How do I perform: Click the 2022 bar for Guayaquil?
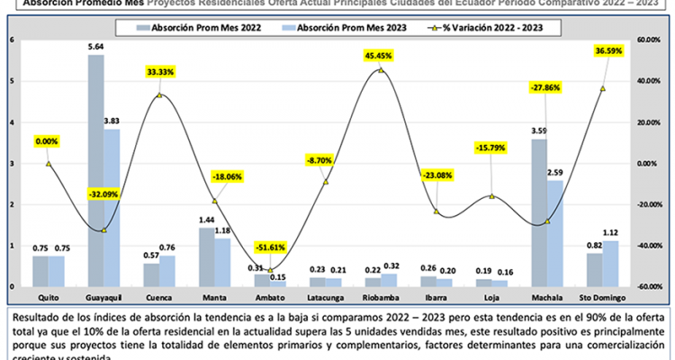click(x=95, y=171)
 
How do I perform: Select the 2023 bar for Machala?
click(x=554, y=233)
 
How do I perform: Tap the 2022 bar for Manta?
click(x=207, y=256)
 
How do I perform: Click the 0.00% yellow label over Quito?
click(x=49, y=141)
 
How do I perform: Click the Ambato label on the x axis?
click(x=269, y=297)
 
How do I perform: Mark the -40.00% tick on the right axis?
click(x=648, y=246)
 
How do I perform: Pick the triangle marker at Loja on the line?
click(x=490, y=196)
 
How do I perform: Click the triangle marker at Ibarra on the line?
click(x=436, y=211)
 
